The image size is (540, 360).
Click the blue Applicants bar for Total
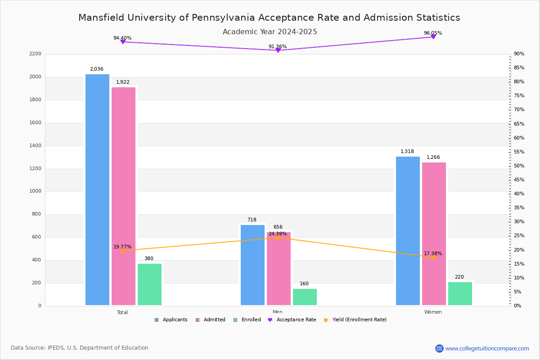coord(97,189)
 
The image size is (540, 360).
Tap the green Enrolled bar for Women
coord(460,293)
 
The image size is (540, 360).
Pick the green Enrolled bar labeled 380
coord(149,284)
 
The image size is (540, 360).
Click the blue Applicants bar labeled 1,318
coord(408,231)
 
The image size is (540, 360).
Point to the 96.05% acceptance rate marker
coord(433,37)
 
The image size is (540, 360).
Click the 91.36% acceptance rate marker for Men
coord(278,50)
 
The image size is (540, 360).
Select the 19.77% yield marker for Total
coord(122,251)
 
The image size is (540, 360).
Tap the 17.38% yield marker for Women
coord(433,257)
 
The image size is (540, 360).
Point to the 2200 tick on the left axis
coord(35,54)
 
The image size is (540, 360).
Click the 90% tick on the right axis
coord(519,54)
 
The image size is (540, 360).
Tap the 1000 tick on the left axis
coord(35,191)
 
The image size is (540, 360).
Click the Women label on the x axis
coord(433,312)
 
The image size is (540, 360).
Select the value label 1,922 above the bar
coord(122,82)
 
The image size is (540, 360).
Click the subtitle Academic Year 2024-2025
coord(270,32)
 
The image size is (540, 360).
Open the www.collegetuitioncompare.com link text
coord(487,348)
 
